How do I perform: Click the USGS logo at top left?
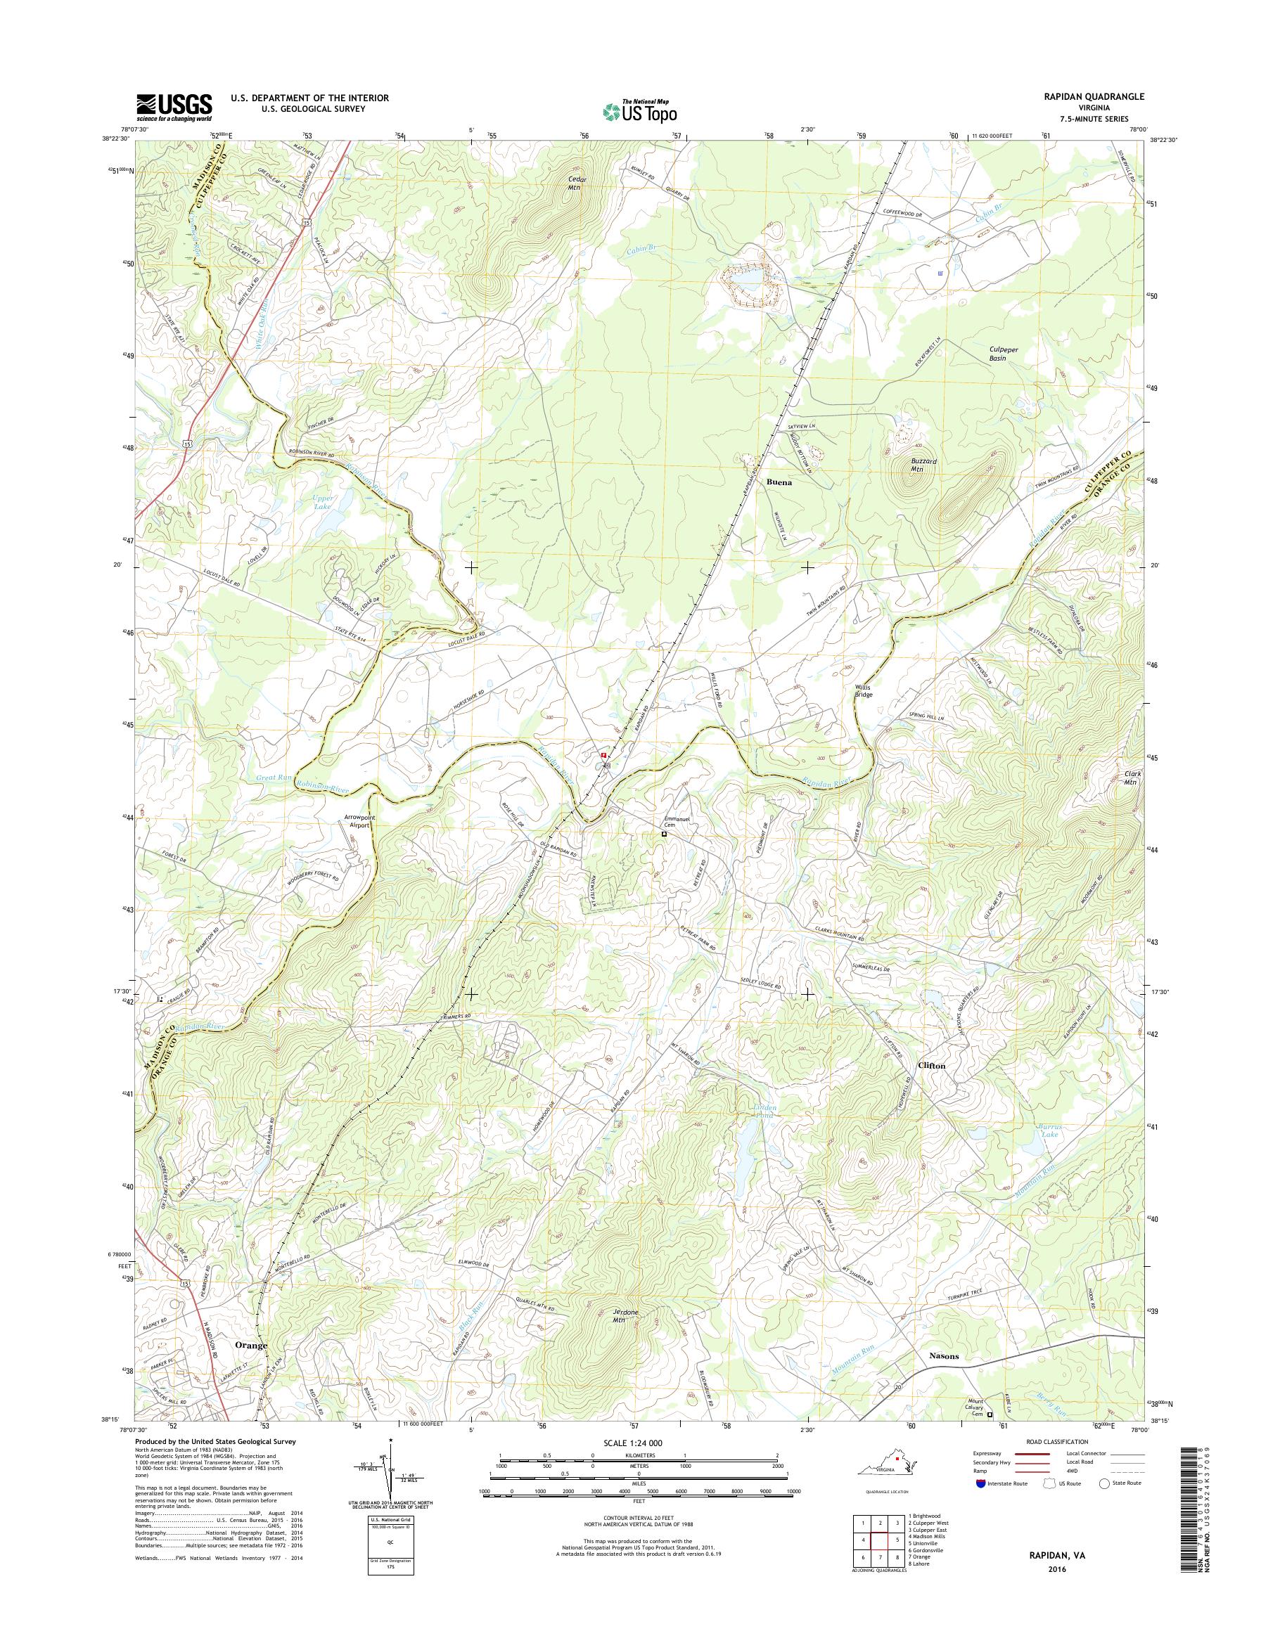pyautogui.click(x=174, y=107)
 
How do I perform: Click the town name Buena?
pyautogui.click(x=779, y=483)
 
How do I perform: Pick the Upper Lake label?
pyautogui.click(x=324, y=501)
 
